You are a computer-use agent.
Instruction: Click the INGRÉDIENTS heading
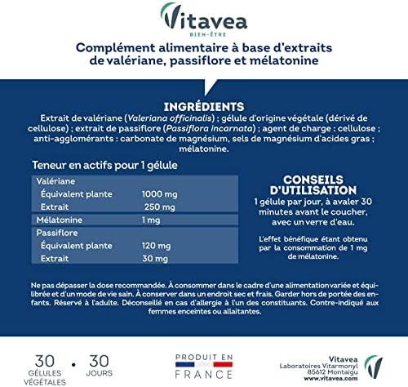point(203,107)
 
